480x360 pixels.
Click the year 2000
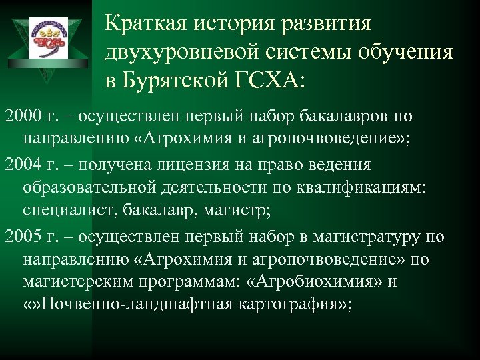tap(19, 117)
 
